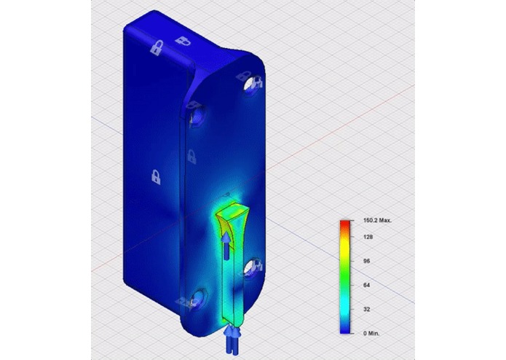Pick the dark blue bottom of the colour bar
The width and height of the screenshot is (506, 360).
(x=344, y=330)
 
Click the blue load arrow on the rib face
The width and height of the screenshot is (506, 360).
(x=227, y=245)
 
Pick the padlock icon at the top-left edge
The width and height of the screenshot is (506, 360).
(x=155, y=49)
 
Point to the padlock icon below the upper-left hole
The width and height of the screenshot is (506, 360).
(x=191, y=155)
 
